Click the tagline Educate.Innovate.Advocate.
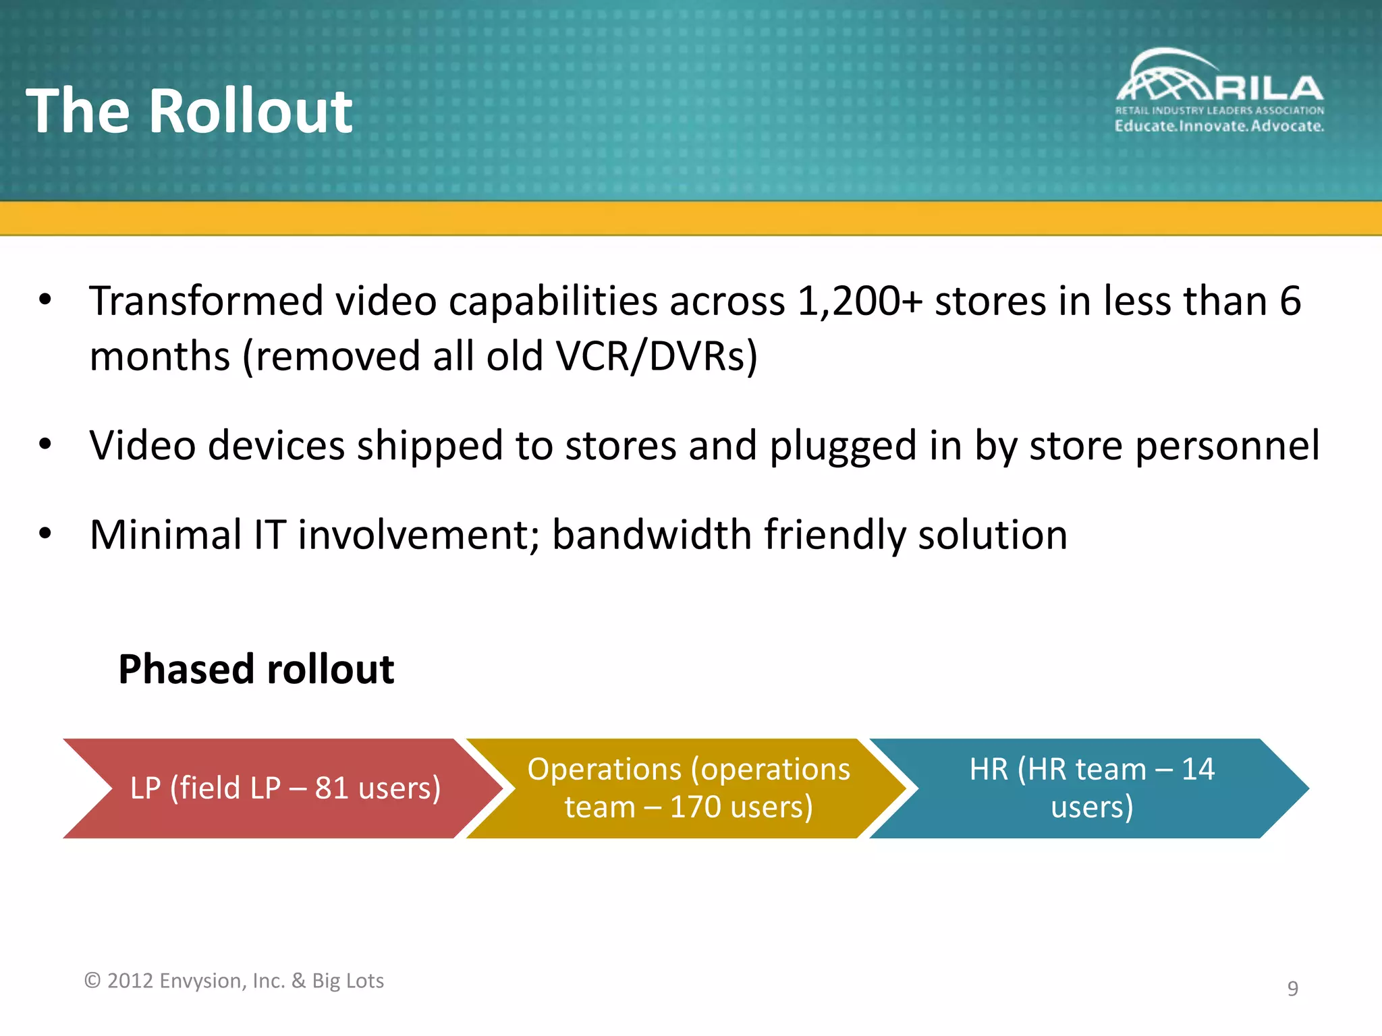(1219, 126)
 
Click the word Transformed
(206, 301)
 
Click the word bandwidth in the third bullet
(651, 535)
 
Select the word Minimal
(165, 535)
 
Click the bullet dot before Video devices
(45, 444)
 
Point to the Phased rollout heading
(256, 669)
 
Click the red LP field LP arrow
(283, 788)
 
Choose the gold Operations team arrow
(688, 788)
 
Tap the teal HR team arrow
(1090, 788)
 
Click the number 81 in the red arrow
(331, 788)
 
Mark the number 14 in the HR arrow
(1197, 769)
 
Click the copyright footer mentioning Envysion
(233, 981)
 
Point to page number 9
(1292, 988)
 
